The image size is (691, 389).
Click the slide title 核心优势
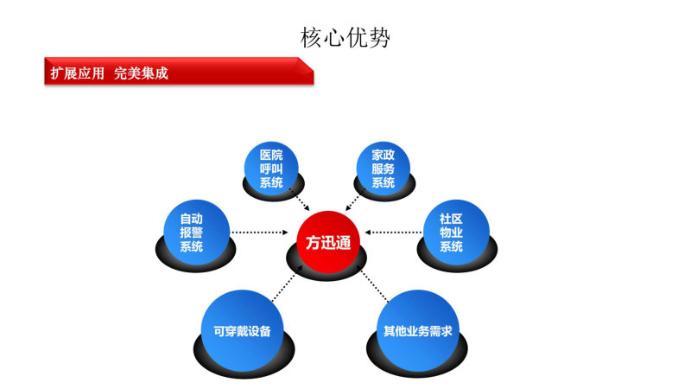coord(345,37)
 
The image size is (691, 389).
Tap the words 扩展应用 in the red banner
coord(77,73)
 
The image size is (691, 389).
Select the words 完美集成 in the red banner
coord(141,73)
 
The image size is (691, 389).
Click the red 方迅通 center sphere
coord(328,242)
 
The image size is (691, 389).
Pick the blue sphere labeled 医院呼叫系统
coord(271,169)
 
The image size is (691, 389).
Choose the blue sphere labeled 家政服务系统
coord(383,169)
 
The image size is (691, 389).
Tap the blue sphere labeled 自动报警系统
coord(197,232)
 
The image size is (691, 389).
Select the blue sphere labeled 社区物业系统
coord(456,232)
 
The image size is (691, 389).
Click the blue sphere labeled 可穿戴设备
coord(242,331)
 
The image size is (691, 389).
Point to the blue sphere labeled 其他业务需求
coord(418,331)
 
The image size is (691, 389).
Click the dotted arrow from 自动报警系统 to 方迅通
coord(259,233)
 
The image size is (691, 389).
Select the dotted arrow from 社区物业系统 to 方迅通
coord(393,233)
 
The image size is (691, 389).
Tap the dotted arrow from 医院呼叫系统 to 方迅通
coord(299,200)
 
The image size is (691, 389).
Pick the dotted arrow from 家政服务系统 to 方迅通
coord(355,200)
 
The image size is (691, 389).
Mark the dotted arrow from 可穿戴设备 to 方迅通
coord(287,284)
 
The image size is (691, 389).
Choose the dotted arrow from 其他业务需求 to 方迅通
coord(375,287)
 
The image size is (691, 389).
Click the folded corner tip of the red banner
coord(314,71)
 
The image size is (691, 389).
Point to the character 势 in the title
coord(379,37)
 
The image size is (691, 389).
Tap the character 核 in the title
coord(311,37)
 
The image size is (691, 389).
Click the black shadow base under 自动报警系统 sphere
coord(196,265)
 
